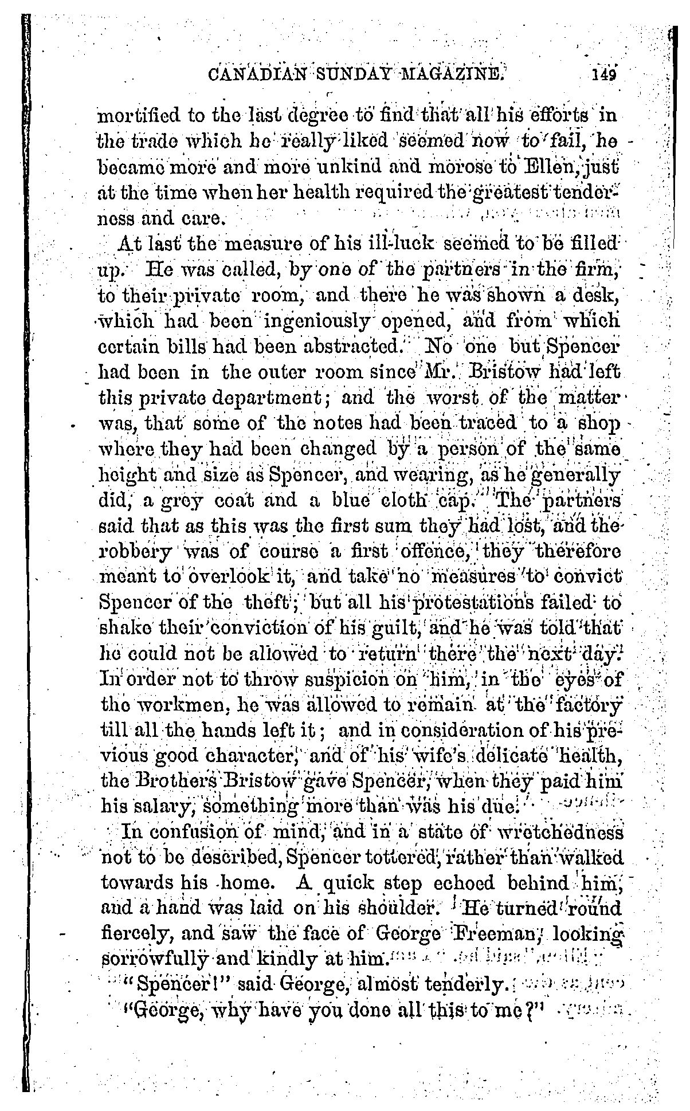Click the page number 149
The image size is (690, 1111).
coord(604,75)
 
